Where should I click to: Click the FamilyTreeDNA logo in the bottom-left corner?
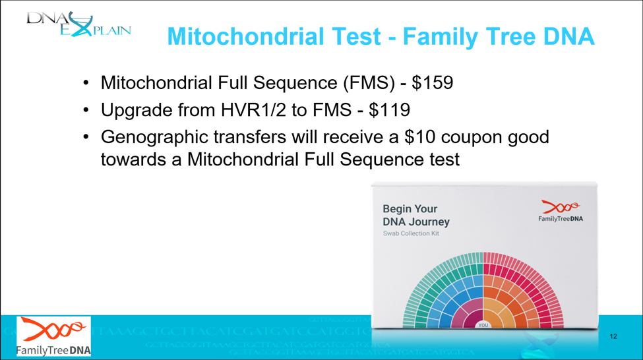[55, 336]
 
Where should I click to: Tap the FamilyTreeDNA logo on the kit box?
[561, 211]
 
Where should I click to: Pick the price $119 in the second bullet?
[390, 110]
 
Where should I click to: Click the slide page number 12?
[613, 336]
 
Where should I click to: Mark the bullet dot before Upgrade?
[86, 111]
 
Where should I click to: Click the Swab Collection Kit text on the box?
[411, 233]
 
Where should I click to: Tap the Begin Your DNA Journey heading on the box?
[416, 216]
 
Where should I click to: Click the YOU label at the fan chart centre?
[483, 325]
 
